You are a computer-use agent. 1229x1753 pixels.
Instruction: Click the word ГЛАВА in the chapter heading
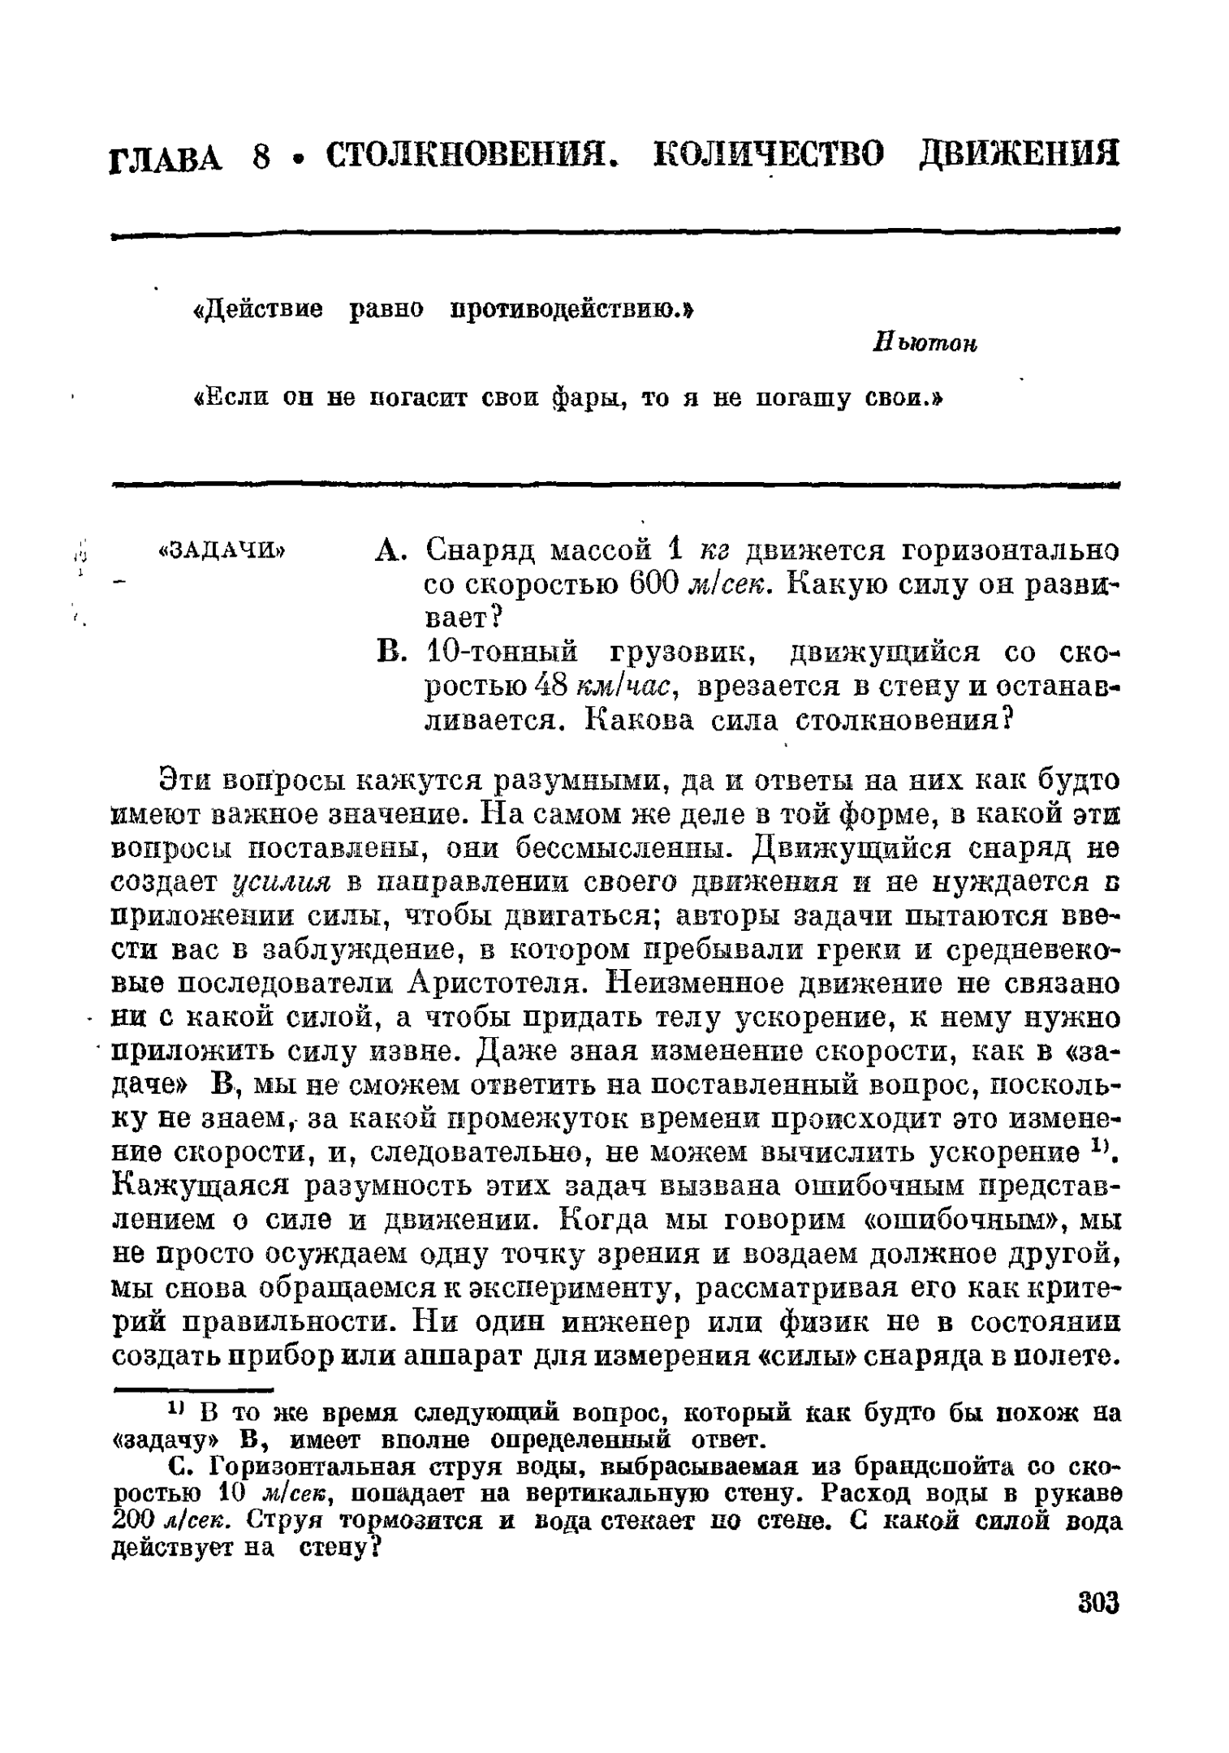166,157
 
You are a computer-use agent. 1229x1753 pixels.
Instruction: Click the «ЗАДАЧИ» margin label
222,551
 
